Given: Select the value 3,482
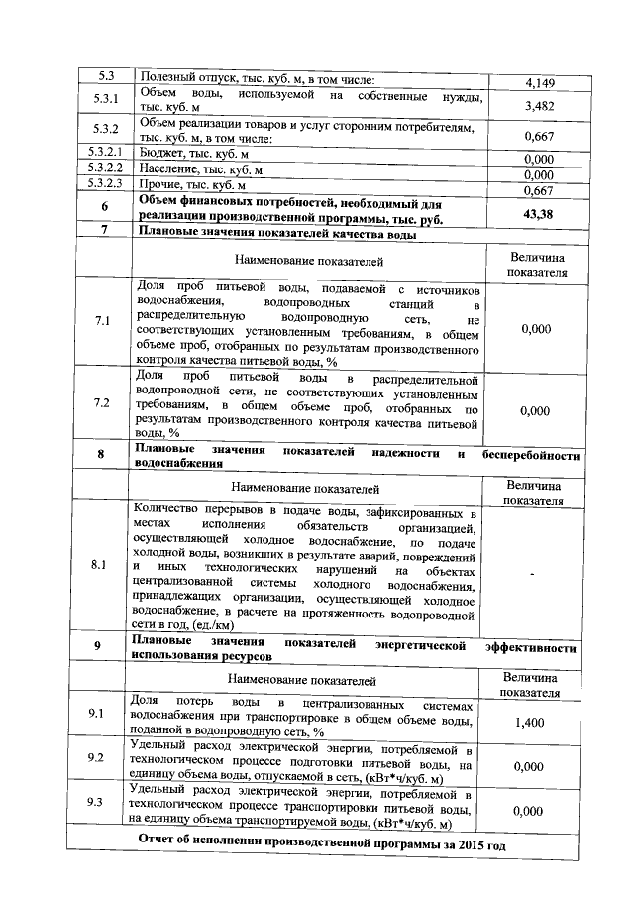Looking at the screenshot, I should pos(538,104).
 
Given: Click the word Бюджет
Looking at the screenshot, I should pos(163,155).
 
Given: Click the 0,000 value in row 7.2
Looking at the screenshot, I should pos(535,409).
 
